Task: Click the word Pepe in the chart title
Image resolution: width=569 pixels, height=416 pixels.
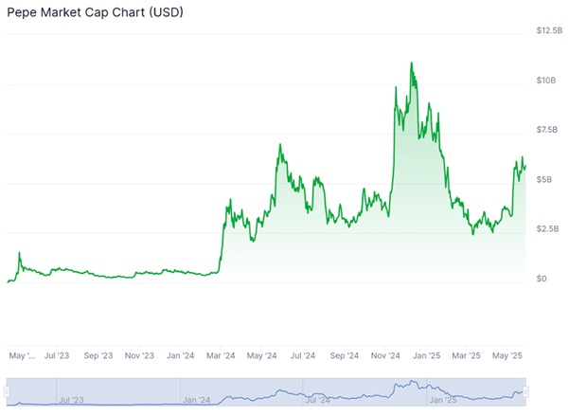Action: [23, 13]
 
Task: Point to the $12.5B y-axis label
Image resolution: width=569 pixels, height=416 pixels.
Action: [549, 31]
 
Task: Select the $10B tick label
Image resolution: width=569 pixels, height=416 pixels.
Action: [546, 81]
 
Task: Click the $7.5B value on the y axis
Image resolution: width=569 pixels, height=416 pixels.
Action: [547, 130]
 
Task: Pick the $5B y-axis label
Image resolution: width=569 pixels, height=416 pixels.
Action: [544, 179]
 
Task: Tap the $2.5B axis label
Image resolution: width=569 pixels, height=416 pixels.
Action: [547, 229]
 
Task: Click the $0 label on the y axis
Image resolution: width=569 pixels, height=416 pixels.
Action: [541, 279]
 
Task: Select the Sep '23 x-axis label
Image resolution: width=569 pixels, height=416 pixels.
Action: [98, 356]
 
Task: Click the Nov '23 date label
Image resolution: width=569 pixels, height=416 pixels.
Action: [138, 356]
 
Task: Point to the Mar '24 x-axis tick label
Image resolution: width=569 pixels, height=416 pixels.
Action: [220, 356]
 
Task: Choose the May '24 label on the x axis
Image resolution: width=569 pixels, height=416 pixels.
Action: [261, 356]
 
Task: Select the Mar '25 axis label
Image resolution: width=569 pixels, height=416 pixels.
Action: [466, 356]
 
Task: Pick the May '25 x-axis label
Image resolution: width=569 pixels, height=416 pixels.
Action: [507, 356]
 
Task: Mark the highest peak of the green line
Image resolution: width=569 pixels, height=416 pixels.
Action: [412, 63]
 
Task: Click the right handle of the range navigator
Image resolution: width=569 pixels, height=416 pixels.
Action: [526, 391]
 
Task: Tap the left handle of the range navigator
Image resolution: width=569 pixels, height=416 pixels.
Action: [8, 391]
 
